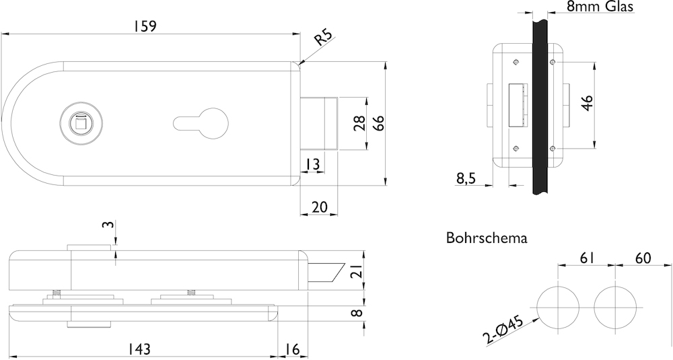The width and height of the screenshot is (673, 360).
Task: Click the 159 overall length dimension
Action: coord(145,26)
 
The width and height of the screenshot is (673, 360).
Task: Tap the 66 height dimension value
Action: coord(378,122)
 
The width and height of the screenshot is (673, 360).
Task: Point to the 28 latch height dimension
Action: coord(359,123)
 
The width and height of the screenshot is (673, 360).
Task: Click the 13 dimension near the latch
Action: coord(312,164)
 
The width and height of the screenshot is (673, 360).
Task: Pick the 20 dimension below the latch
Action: coord(319,207)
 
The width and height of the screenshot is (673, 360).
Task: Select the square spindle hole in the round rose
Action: coord(79,123)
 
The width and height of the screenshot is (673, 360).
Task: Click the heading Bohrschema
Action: coord(486,238)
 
